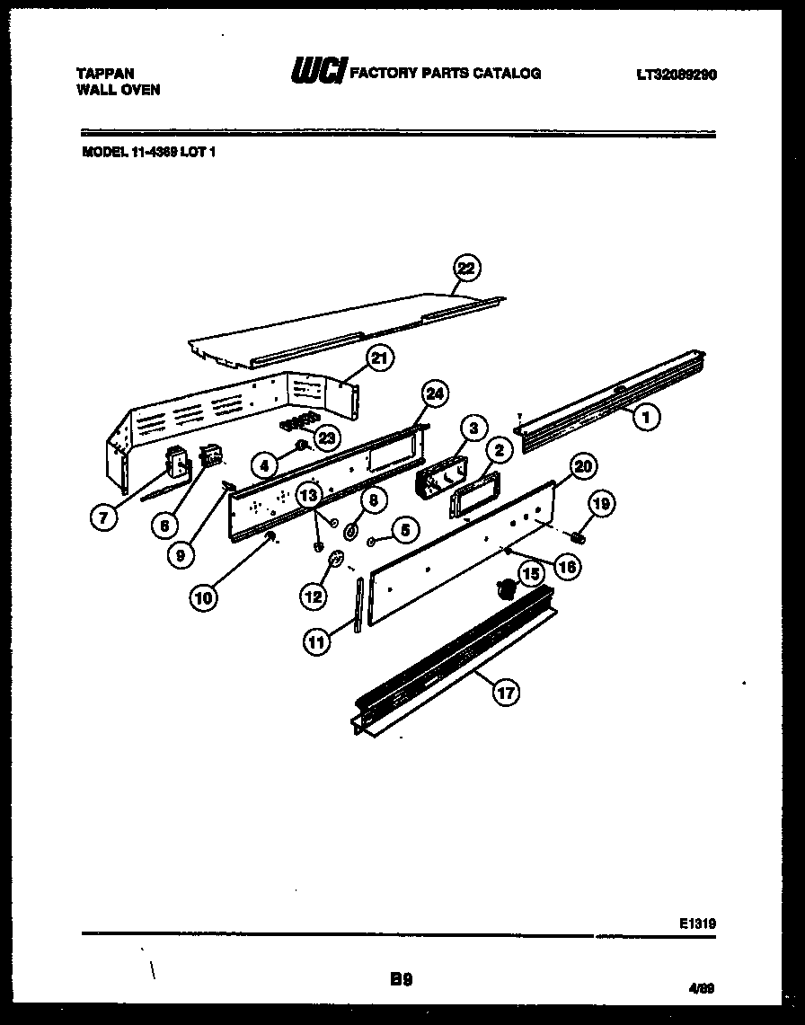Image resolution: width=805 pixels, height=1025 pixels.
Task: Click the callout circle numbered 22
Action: (x=465, y=268)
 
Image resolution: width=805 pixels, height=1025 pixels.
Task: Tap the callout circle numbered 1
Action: (x=646, y=416)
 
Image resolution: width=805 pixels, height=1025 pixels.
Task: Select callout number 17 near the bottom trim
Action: (x=506, y=691)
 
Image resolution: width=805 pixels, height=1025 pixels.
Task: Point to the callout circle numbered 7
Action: (x=106, y=517)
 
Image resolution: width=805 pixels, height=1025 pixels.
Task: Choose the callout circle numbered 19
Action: (x=601, y=504)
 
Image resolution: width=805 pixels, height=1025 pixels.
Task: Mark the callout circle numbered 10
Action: (x=204, y=597)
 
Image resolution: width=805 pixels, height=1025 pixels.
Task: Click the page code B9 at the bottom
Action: (x=401, y=979)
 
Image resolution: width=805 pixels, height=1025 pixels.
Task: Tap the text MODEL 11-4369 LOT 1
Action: (x=149, y=152)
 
